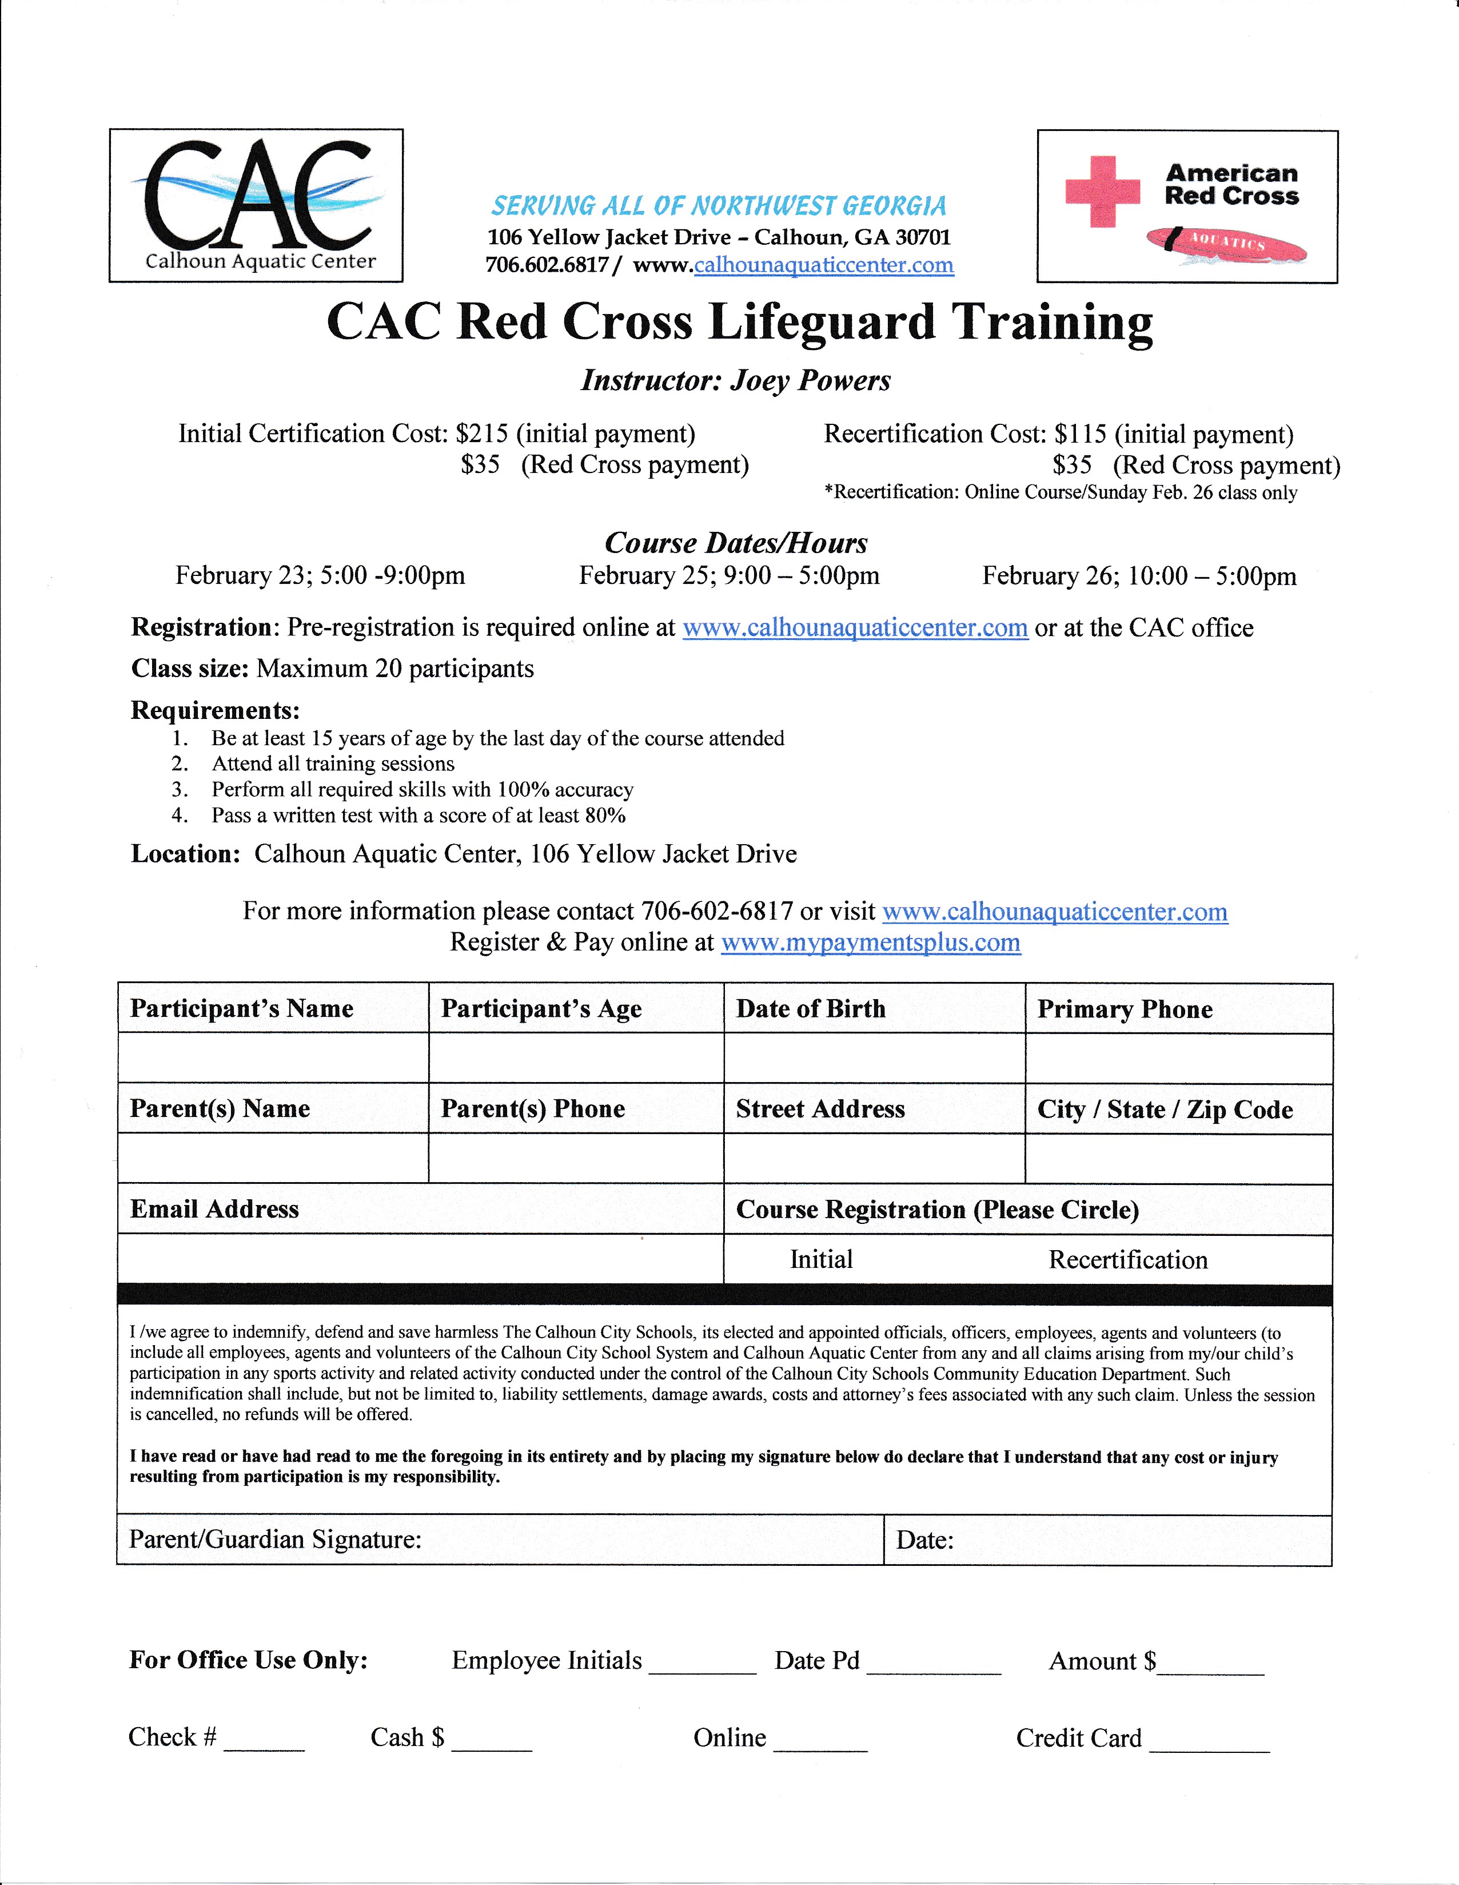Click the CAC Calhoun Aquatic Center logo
256,205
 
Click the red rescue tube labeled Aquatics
1226,244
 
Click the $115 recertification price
1080,434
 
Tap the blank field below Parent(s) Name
273,1158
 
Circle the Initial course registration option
820,1260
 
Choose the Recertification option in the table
1127,1260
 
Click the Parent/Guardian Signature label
275,1540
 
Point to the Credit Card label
1078,1738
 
